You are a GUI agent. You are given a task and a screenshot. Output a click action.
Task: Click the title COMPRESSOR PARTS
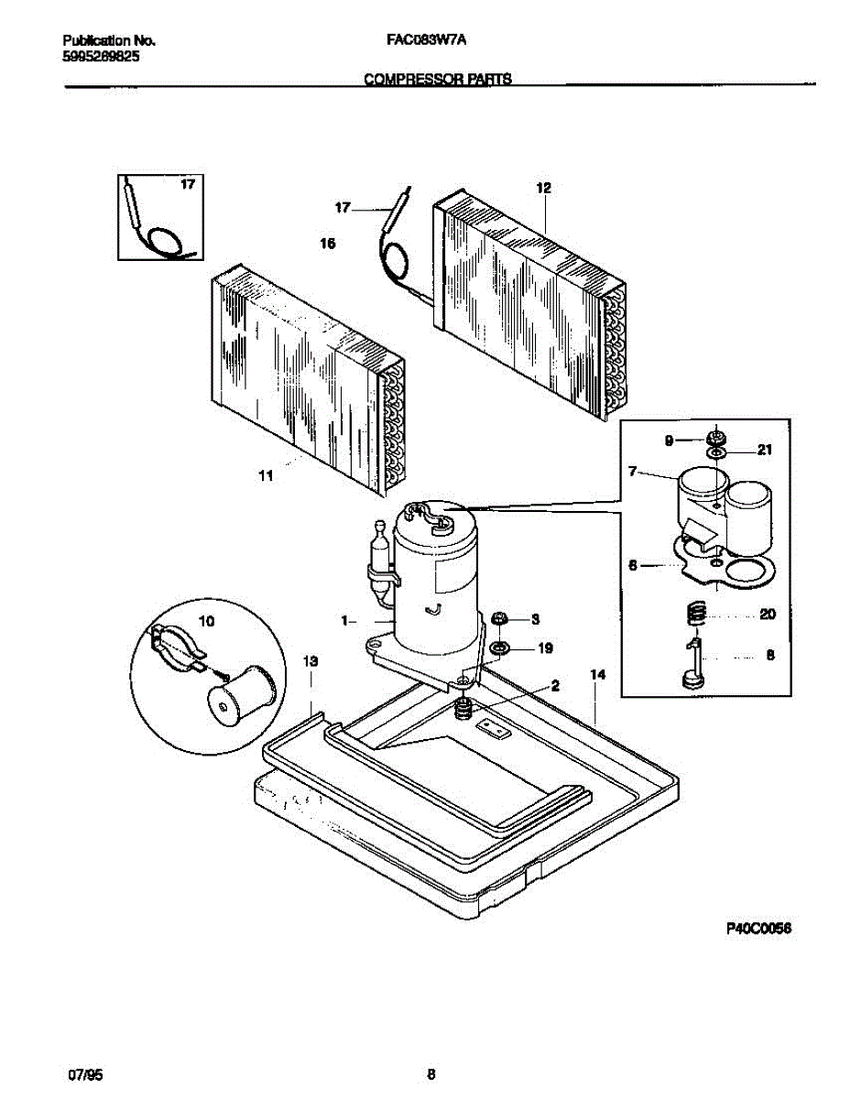pyautogui.click(x=437, y=79)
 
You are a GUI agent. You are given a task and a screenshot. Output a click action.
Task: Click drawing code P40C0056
pyautogui.click(x=758, y=929)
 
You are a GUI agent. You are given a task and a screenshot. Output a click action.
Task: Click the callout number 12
pyautogui.click(x=543, y=188)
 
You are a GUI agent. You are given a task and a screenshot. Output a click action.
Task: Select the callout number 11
pyautogui.click(x=266, y=475)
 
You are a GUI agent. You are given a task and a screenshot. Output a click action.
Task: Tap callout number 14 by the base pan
pyautogui.click(x=598, y=675)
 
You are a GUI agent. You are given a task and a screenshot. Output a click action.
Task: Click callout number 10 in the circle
pyautogui.click(x=206, y=621)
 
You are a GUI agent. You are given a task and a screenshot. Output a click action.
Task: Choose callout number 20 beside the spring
pyautogui.click(x=768, y=614)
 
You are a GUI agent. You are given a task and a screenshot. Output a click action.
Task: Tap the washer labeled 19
pyautogui.click(x=500, y=648)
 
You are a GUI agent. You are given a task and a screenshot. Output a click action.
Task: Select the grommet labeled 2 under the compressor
pyautogui.click(x=464, y=706)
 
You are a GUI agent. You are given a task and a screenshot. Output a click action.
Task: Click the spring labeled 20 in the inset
pyautogui.click(x=697, y=612)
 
